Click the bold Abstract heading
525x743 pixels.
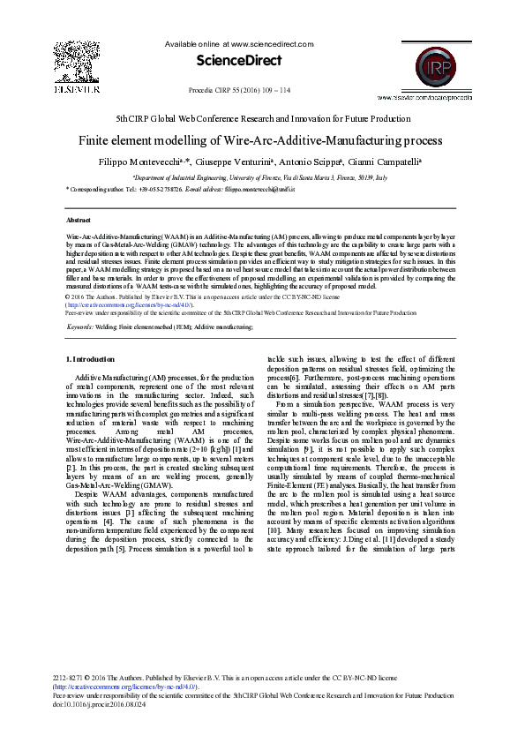pyautogui.click(x=79, y=219)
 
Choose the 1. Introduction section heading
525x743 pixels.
pyautogui.click(x=91, y=359)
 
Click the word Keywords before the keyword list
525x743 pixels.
pyautogui.click(x=80, y=327)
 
